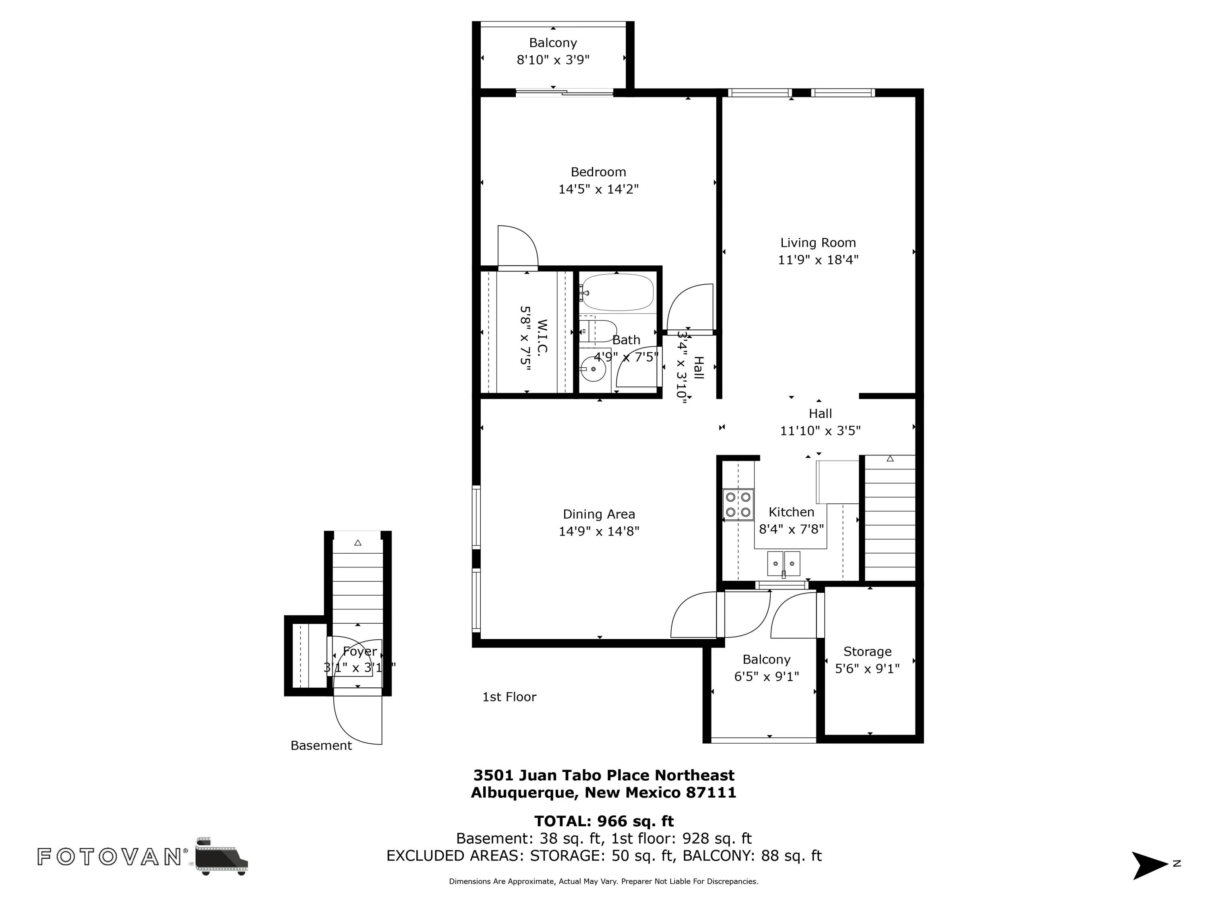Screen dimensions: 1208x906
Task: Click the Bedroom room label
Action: [x=598, y=172]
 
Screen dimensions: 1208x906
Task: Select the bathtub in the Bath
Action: [x=617, y=292]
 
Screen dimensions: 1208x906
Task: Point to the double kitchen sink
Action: [x=784, y=564]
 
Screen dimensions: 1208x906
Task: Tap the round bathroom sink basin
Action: [x=593, y=370]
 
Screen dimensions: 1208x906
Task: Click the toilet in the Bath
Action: [x=598, y=331]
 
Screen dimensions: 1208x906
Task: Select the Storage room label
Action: [x=867, y=652]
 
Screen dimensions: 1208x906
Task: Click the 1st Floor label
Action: [x=509, y=697]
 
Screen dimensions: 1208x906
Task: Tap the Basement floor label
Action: [x=321, y=745]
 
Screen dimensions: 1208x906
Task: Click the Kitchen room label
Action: [x=791, y=512]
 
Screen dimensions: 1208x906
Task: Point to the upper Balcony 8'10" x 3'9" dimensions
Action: [x=553, y=60]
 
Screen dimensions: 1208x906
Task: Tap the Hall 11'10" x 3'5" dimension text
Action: [x=820, y=431]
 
